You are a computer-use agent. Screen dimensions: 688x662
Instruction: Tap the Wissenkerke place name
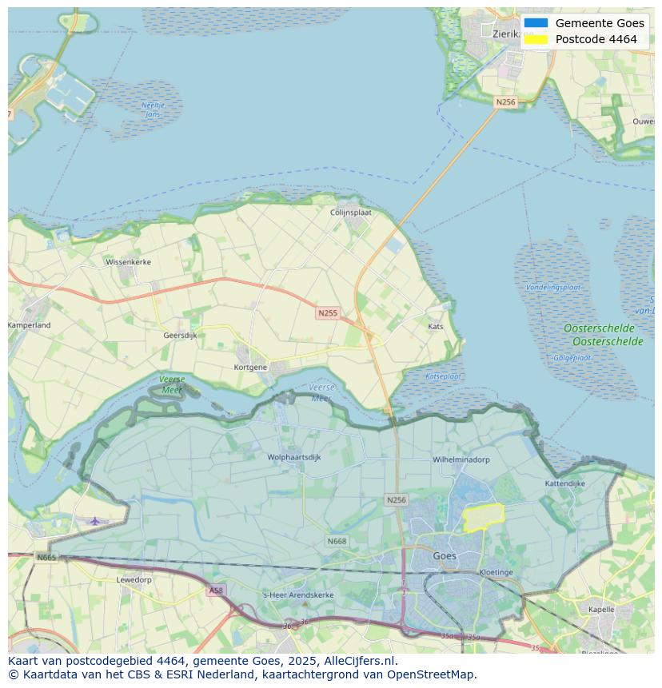coord(128,261)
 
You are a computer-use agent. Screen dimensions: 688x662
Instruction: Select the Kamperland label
coord(30,325)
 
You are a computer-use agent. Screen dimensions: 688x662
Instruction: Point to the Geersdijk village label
coord(180,336)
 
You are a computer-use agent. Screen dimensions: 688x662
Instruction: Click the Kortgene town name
coord(250,367)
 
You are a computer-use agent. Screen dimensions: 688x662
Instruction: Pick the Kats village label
coord(436,326)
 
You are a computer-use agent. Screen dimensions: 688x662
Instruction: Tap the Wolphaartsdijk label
coord(294,457)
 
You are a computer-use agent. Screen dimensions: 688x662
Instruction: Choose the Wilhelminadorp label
coord(461,459)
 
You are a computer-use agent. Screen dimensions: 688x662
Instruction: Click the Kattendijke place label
coord(565,483)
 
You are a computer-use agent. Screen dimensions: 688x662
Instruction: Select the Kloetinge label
coord(496,572)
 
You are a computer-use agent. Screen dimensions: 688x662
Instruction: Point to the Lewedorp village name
coord(134,579)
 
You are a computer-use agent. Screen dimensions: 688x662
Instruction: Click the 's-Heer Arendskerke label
coord(298,595)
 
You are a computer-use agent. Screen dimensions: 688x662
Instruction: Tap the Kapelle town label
coord(601,609)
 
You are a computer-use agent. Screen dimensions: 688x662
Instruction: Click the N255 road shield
coord(327,313)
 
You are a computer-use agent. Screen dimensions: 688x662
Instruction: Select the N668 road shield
coord(337,542)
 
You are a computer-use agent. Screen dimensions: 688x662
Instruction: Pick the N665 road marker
coord(46,557)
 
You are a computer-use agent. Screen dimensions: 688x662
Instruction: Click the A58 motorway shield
coord(216,591)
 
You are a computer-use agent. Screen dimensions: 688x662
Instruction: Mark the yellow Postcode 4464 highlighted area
coord(484,518)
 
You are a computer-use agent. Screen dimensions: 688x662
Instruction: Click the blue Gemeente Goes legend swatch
coord(536,23)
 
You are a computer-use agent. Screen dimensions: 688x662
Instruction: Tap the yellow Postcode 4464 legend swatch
coord(536,39)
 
